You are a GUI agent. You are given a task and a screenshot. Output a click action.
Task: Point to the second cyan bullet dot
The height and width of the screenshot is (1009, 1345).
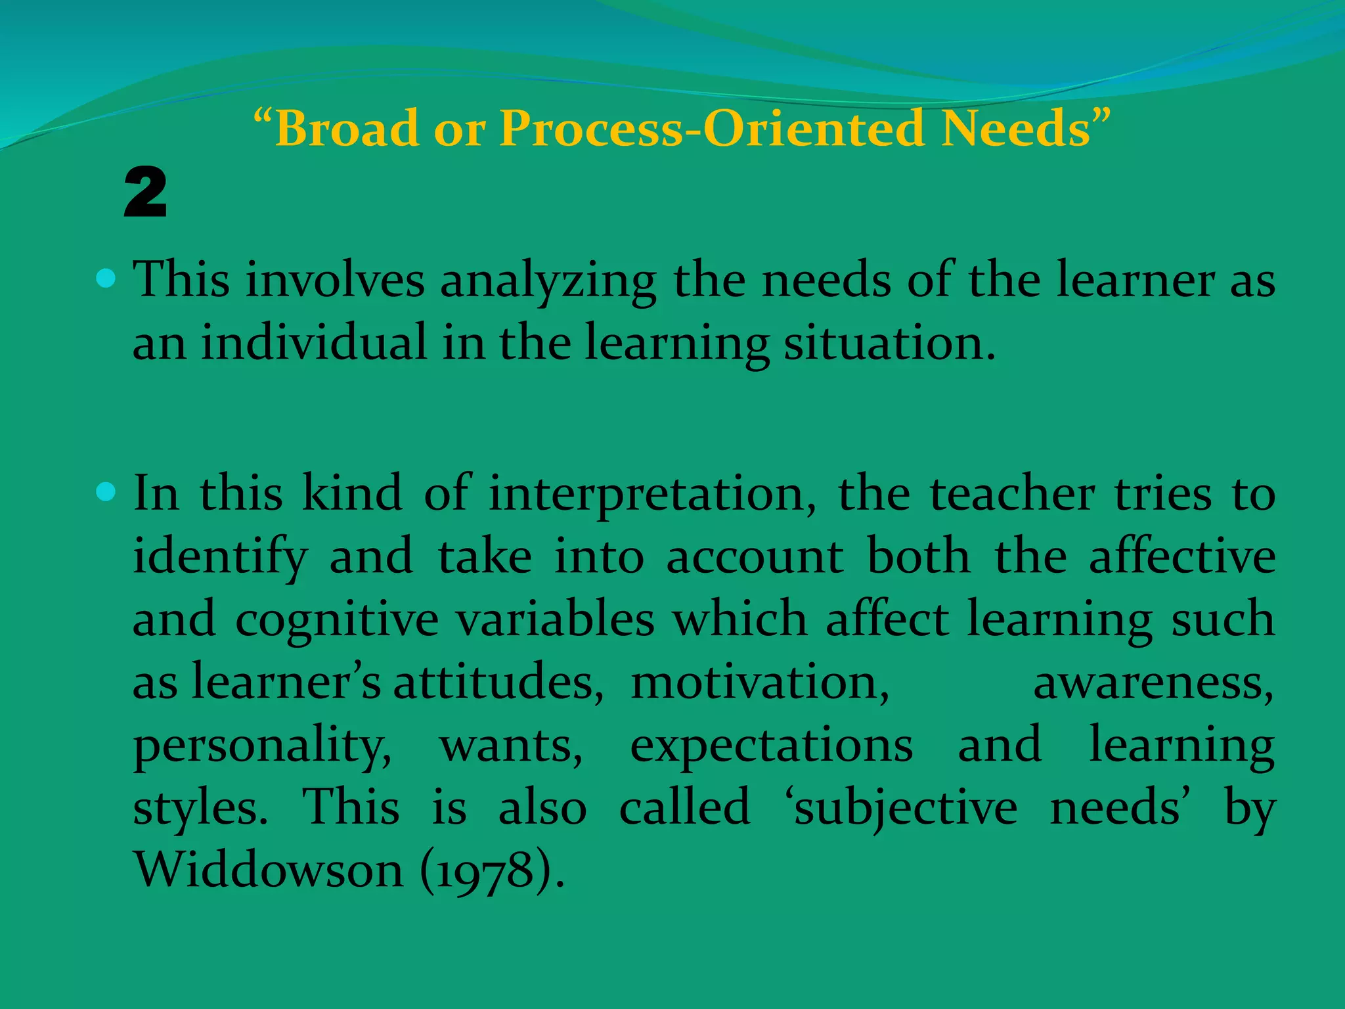click(x=106, y=491)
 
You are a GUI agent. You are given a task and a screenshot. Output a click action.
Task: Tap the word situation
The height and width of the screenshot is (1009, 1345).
click(x=889, y=344)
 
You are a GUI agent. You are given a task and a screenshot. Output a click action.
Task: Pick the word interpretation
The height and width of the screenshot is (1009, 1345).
click(x=652, y=494)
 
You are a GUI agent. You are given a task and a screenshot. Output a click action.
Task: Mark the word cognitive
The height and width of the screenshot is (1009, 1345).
click(x=336, y=621)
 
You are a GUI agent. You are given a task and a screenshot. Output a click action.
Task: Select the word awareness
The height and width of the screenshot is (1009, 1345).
click(x=1153, y=683)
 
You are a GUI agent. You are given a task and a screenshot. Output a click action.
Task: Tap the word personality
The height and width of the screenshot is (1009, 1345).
click(x=262, y=747)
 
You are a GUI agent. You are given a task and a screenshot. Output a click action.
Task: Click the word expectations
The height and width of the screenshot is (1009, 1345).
click(x=771, y=747)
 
